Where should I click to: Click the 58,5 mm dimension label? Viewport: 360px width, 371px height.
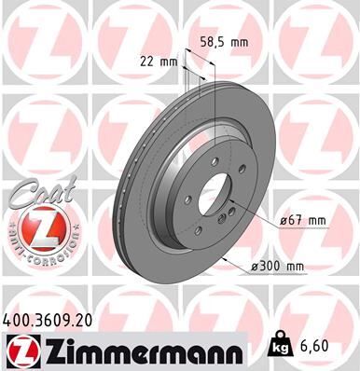point(226,42)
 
